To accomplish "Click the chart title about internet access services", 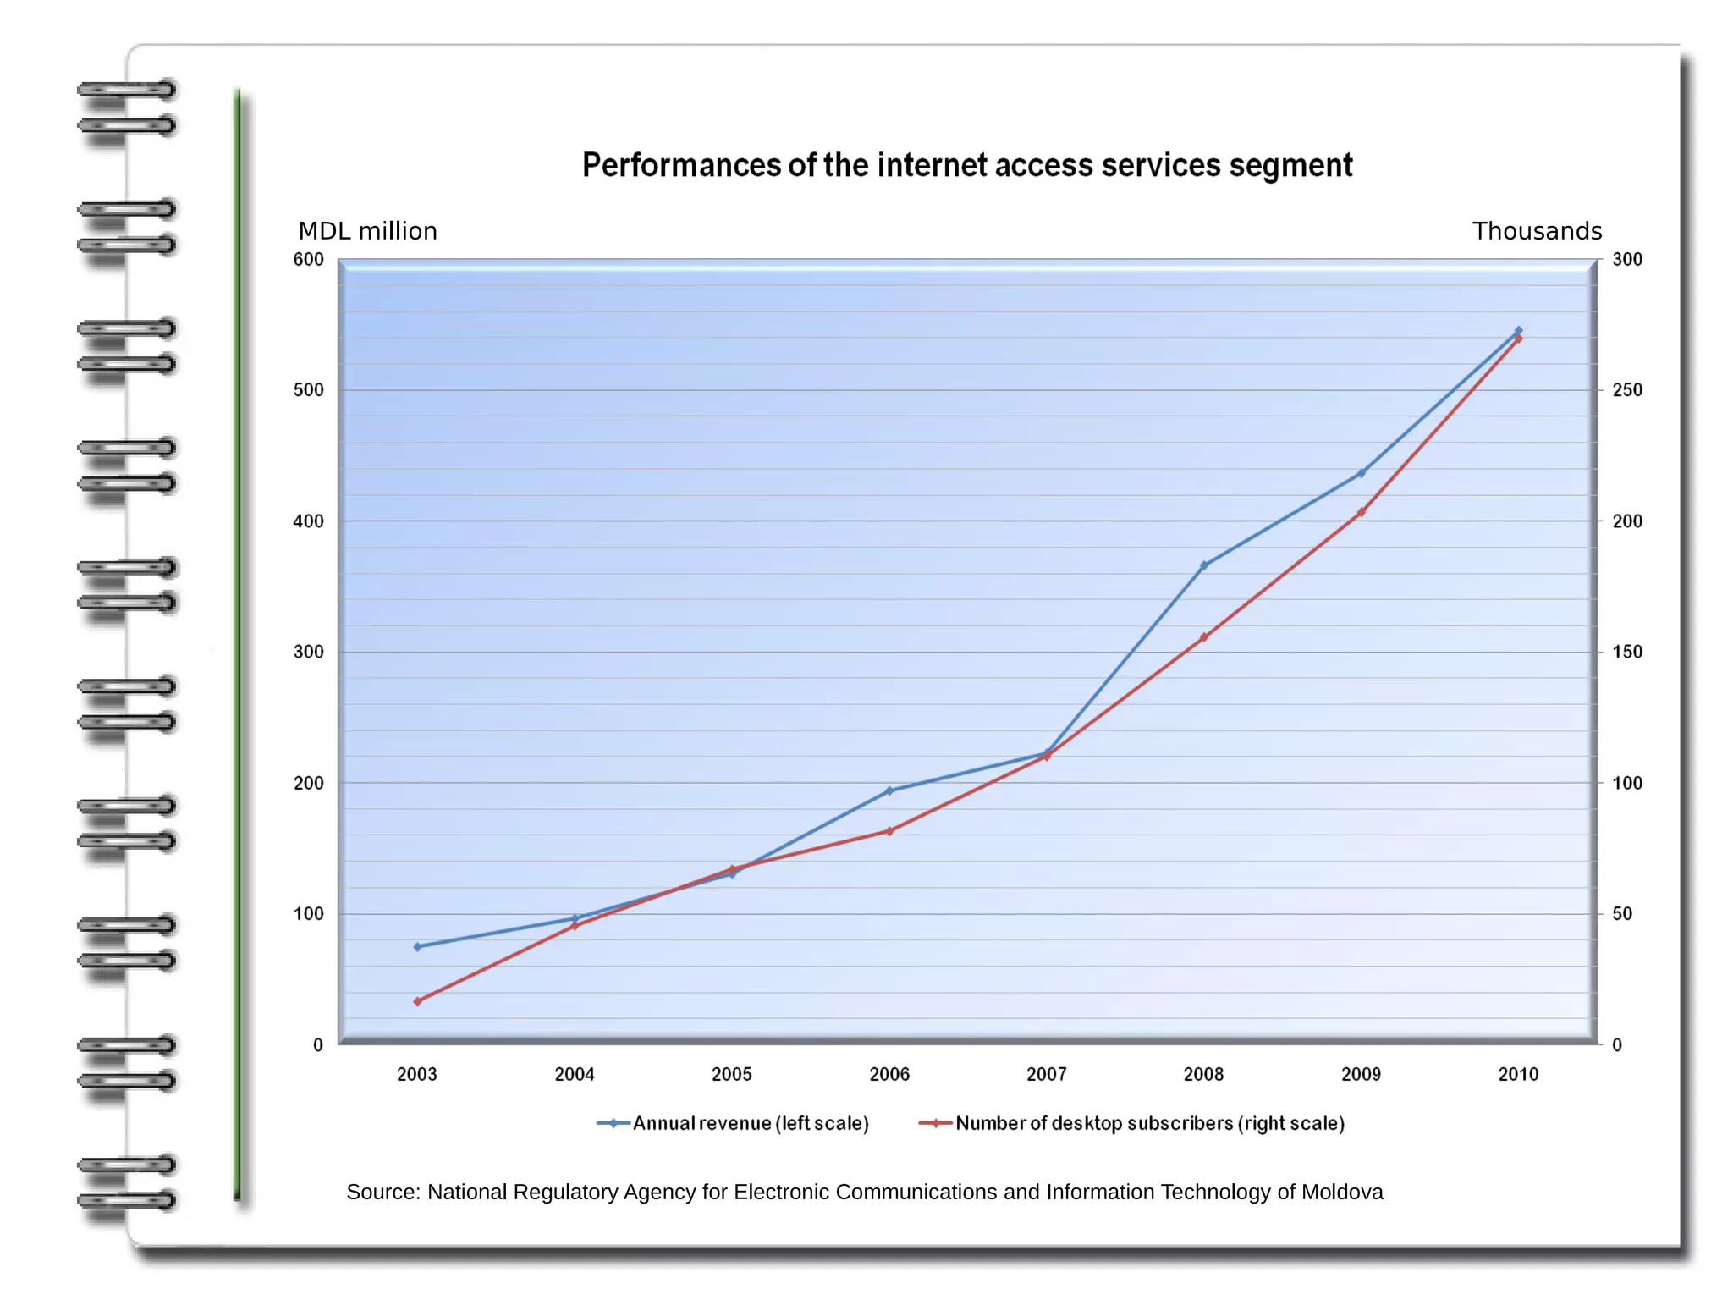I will click(x=966, y=165).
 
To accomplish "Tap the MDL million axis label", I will click(x=367, y=231).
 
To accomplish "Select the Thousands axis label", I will click(x=1537, y=231).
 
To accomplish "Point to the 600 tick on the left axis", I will click(x=308, y=260).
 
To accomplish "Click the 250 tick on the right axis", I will click(x=1626, y=390).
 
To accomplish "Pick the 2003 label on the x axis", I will click(x=416, y=1074).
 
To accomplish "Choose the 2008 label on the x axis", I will click(x=1203, y=1074).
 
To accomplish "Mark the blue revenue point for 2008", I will click(x=1203, y=565).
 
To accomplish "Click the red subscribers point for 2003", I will click(x=417, y=1001).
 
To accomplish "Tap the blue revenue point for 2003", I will click(x=417, y=946).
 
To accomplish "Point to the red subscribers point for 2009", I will click(x=1361, y=513).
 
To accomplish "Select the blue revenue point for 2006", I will click(x=889, y=791).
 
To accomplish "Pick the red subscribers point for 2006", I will click(x=889, y=831).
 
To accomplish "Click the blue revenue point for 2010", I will click(x=1518, y=331).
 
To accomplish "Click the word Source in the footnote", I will click(x=382, y=1192).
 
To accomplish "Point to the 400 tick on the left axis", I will click(x=308, y=521).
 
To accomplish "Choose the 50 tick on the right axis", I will click(x=1622, y=914).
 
